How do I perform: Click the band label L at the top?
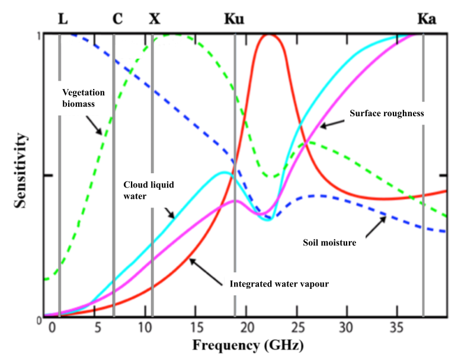(x=62, y=18)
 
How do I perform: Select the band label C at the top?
(x=117, y=18)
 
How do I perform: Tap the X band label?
(x=154, y=18)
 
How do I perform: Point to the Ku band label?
(x=234, y=18)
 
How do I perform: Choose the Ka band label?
(x=427, y=18)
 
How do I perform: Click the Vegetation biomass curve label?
(x=83, y=98)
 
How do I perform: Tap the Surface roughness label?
(x=386, y=113)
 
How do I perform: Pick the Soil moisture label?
(x=329, y=242)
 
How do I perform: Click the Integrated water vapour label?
(x=278, y=284)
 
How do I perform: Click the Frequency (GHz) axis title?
(x=244, y=345)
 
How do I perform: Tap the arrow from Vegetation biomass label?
(x=95, y=125)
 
